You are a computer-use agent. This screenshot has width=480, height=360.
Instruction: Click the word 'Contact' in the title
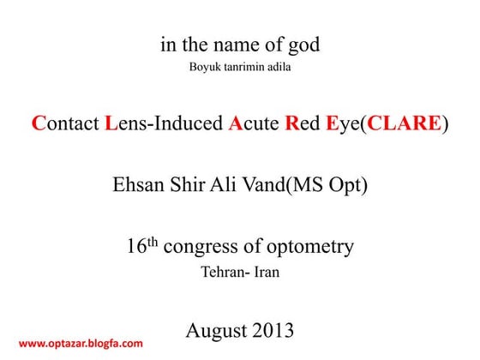(64, 124)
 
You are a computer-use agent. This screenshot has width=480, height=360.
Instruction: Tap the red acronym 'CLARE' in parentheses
(402, 124)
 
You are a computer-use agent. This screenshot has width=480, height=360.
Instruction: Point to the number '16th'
(141, 247)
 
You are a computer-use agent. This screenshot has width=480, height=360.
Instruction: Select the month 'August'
(216, 330)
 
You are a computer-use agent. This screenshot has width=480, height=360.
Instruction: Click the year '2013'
(271, 329)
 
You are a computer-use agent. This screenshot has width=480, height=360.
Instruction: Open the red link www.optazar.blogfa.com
(81, 344)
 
